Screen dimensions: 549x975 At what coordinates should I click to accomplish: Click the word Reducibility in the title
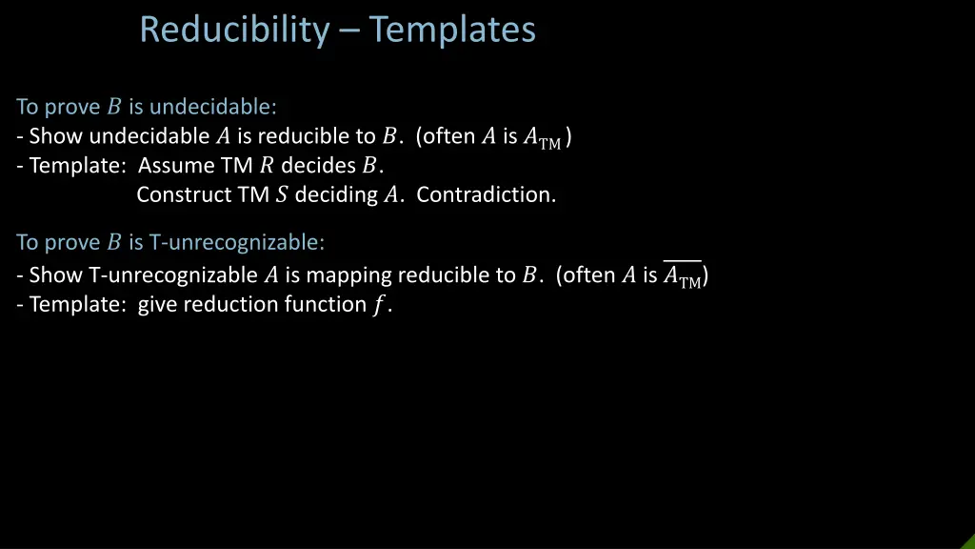point(232,30)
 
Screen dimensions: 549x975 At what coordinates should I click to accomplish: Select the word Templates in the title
point(452,30)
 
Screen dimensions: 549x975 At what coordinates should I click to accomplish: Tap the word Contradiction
point(486,195)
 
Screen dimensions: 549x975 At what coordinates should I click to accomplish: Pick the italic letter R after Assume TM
point(266,166)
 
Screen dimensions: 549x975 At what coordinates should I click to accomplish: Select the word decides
point(318,166)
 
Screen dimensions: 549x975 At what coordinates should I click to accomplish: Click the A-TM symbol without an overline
point(543,137)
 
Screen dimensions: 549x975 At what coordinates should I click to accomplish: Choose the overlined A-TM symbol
point(682,276)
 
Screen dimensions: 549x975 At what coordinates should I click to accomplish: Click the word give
point(158,306)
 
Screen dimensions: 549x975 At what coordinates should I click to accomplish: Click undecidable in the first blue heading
point(213,107)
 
